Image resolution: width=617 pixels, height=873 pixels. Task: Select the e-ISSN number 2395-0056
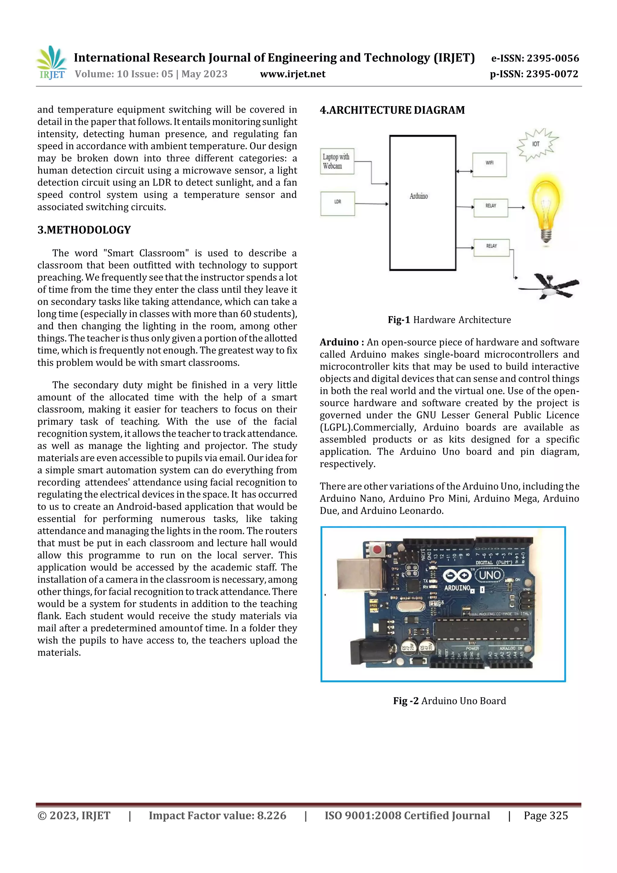(x=535, y=58)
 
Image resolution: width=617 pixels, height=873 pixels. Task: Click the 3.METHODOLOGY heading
(x=84, y=230)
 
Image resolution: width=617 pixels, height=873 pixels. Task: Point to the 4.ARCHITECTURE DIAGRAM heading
(x=392, y=110)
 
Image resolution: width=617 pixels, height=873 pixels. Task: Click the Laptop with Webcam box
(x=337, y=161)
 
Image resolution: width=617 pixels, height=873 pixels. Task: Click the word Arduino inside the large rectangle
(x=418, y=196)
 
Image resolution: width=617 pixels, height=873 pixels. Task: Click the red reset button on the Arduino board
(x=377, y=549)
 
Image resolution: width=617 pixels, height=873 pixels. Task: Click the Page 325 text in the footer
(x=546, y=815)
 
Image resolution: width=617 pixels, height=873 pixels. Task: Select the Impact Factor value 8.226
(x=217, y=815)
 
